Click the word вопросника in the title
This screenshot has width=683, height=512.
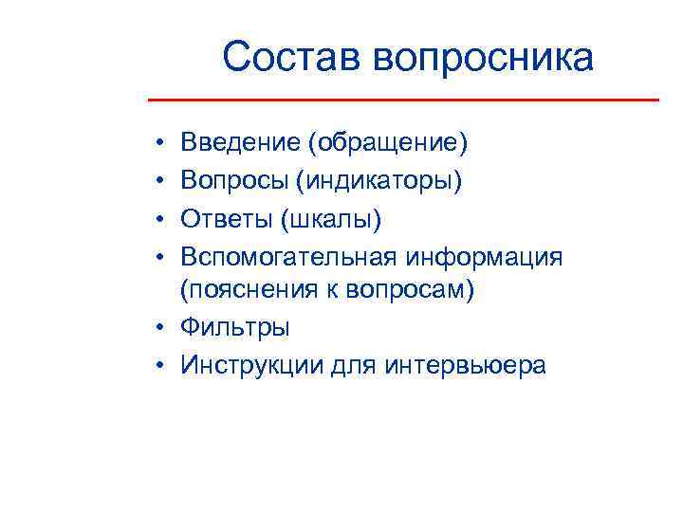click(x=483, y=58)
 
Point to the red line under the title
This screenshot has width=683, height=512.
click(x=404, y=100)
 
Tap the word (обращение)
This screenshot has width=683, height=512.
click(x=387, y=143)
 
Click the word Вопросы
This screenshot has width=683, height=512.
click(x=236, y=181)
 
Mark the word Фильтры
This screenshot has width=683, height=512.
click(x=236, y=328)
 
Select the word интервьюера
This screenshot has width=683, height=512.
click(x=464, y=365)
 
